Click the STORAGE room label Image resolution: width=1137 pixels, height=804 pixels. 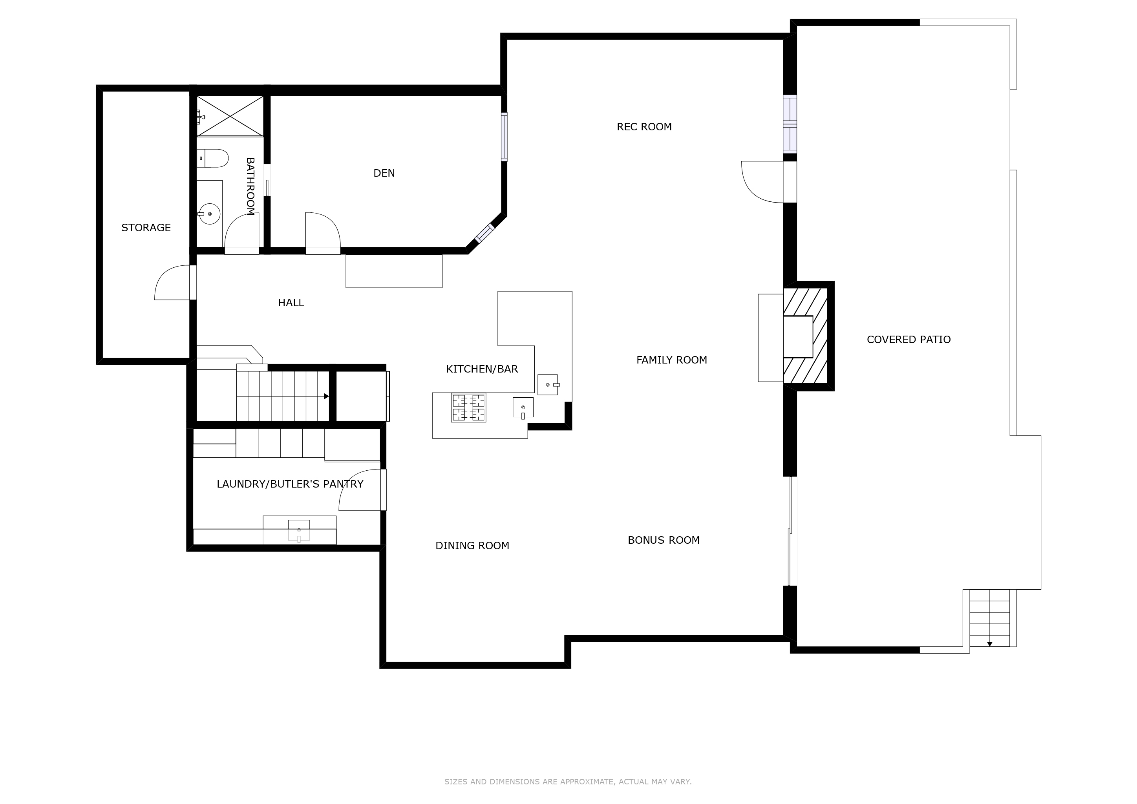[x=146, y=228]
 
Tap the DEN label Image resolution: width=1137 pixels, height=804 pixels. [x=384, y=173]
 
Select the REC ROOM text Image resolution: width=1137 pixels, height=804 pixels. [x=644, y=127]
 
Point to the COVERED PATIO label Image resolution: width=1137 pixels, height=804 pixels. [x=909, y=340]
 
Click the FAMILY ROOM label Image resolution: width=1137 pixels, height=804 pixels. [x=671, y=360]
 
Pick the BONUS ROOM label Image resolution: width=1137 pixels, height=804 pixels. [x=664, y=540]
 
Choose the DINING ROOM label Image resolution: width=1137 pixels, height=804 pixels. [x=472, y=546]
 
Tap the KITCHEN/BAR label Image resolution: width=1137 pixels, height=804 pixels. [x=482, y=369]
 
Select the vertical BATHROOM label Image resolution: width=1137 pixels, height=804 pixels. [x=250, y=186]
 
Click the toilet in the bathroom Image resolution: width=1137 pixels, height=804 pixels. [x=212, y=159]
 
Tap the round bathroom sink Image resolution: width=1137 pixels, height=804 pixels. [x=210, y=214]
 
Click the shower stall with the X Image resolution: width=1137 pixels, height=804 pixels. [x=230, y=116]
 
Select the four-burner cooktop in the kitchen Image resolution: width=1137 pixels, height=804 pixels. [x=468, y=407]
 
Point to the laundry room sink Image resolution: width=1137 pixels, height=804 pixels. [x=299, y=530]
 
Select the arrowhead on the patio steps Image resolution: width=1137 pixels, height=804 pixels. [x=989, y=644]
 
